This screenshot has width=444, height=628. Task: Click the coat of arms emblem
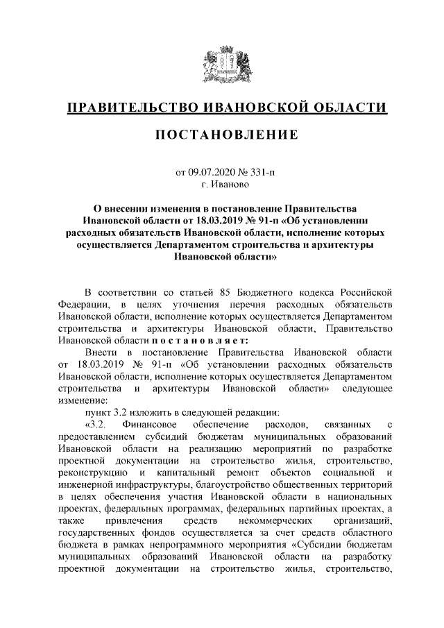tap(222, 65)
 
